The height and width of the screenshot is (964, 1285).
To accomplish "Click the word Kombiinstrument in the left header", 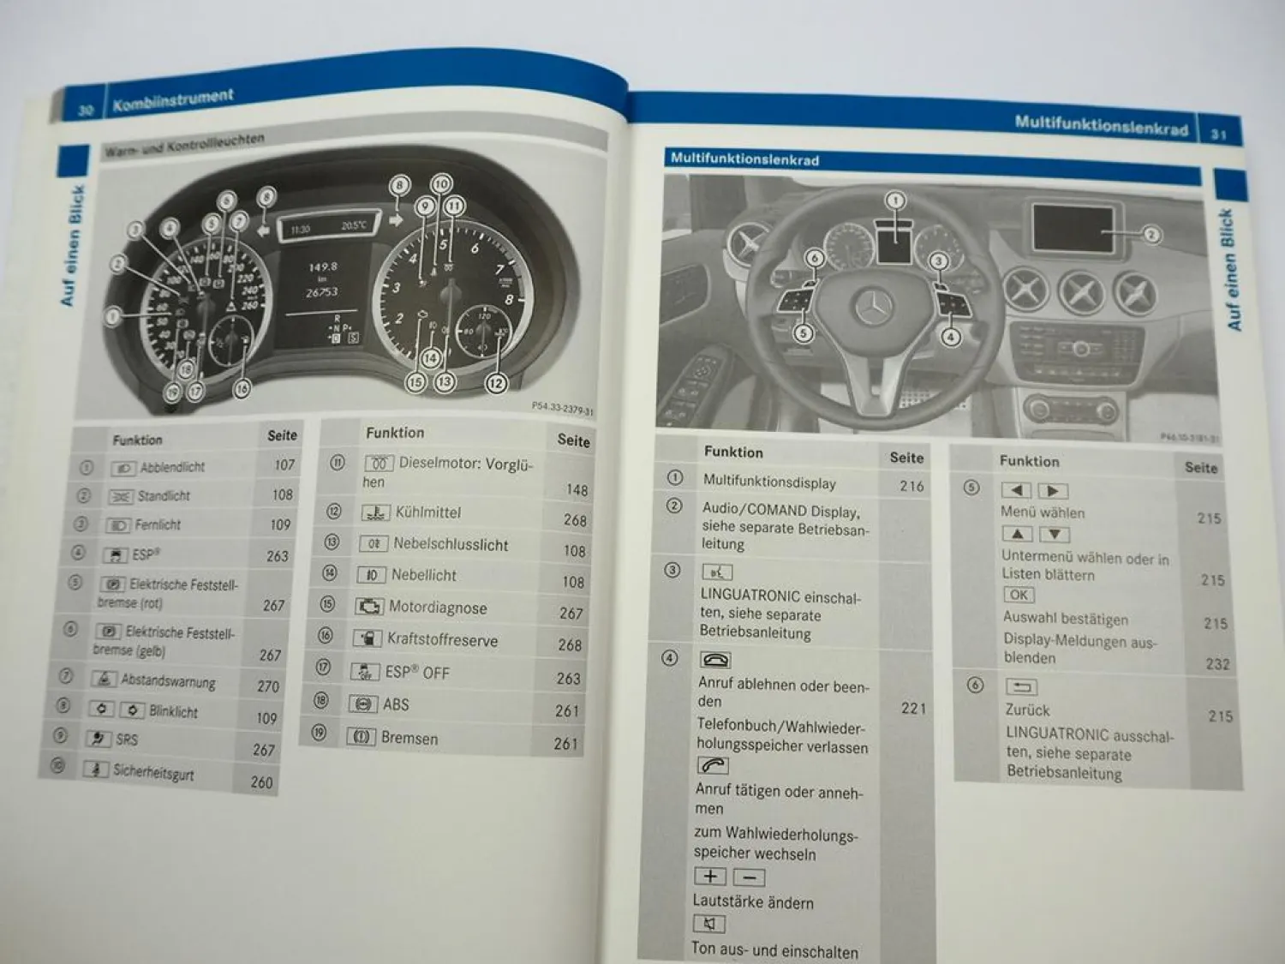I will coord(172,100).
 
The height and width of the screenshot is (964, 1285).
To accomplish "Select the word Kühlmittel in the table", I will coord(427,512).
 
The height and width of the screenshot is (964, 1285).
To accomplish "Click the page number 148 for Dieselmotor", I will coord(577,489).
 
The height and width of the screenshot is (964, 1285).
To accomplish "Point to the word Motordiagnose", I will coord(438,608).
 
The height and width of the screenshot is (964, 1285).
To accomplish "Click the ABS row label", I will coord(396,704).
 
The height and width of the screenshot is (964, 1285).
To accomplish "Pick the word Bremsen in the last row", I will coord(409,738).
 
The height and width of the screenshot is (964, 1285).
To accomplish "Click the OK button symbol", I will coord(1019,595).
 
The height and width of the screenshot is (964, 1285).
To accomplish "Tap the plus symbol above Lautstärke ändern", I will coord(710,876).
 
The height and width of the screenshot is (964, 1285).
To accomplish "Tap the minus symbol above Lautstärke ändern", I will coord(750,877).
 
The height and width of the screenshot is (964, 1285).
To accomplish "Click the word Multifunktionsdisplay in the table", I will coord(769,482).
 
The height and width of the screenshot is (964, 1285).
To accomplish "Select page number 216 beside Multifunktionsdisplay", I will coord(911,486).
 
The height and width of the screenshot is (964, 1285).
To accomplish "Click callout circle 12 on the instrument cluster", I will coord(496,383).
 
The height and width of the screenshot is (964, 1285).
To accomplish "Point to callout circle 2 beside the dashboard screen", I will coord(1151,234).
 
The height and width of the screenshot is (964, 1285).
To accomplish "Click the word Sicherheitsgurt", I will coord(153,772).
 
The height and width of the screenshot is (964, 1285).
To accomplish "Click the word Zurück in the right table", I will coord(1027,710).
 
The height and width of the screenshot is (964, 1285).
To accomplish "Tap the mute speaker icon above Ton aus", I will coord(708,924).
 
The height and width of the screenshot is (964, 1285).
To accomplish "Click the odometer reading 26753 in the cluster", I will coord(322,292).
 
